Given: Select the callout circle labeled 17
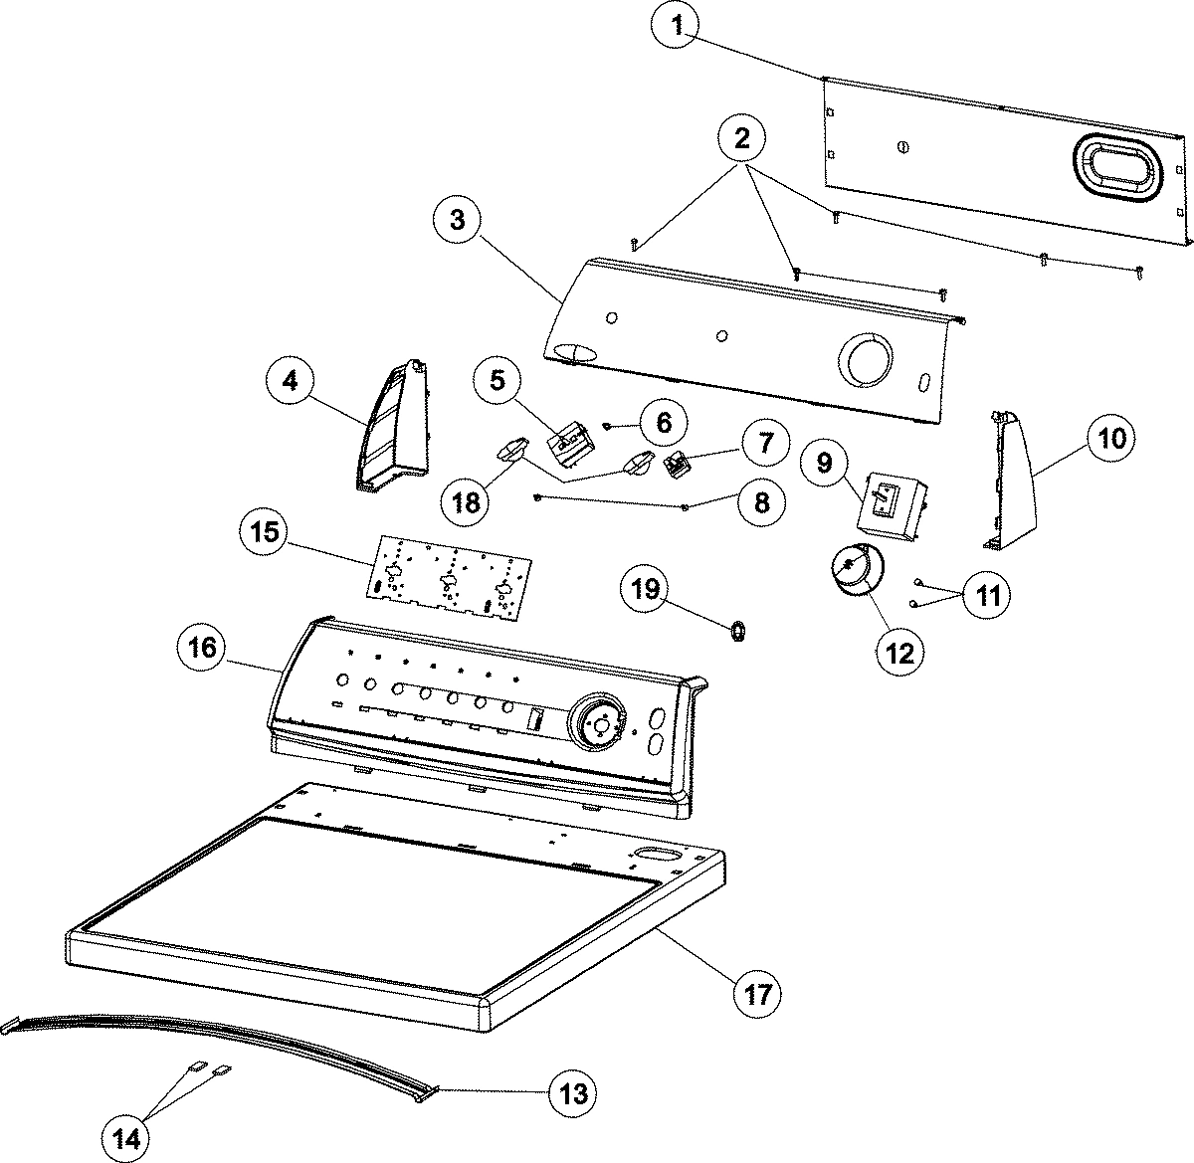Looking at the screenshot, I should (757, 992).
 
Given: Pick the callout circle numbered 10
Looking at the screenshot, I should (1111, 438).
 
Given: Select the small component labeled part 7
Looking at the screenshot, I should (680, 463).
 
